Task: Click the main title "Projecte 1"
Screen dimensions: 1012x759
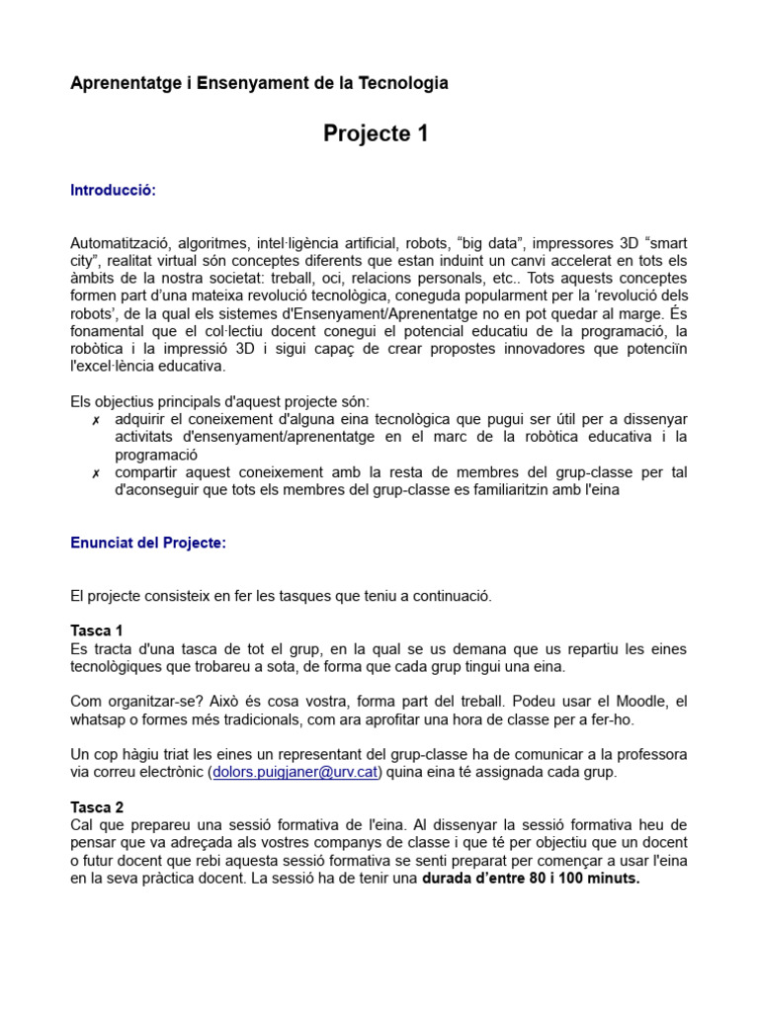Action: [x=376, y=134]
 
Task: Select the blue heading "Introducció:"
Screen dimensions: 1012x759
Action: [x=113, y=191]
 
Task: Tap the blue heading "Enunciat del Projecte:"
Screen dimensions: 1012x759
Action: [x=148, y=543]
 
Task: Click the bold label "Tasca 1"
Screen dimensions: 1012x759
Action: [x=96, y=631]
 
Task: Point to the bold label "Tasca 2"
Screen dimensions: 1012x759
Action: [x=96, y=807]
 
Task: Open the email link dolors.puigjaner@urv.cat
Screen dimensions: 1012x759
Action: [x=295, y=772]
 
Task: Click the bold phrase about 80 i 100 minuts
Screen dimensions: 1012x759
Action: [x=531, y=879]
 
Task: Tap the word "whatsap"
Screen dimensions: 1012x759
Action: [x=100, y=718]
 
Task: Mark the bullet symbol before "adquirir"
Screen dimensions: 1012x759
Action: [x=96, y=420]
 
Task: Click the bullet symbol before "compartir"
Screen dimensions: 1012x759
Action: [x=96, y=473]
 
